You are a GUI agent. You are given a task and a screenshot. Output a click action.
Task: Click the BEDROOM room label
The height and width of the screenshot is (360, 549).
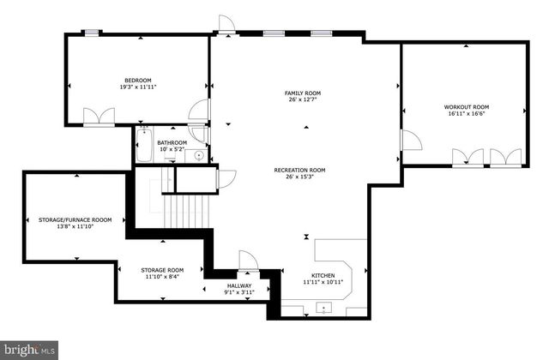tap(138, 80)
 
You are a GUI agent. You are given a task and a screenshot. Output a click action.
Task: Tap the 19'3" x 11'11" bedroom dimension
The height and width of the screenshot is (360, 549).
tap(138, 87)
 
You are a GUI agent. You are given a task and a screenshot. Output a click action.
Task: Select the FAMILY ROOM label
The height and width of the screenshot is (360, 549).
tap(303, 93)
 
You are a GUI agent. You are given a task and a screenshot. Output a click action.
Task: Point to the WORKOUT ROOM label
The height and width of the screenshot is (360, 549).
tap(467, 107)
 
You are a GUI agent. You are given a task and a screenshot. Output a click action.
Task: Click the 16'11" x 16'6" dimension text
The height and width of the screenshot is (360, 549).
tap(467, 115)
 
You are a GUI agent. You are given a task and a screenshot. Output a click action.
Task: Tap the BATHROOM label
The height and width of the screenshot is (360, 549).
tap(172, 143)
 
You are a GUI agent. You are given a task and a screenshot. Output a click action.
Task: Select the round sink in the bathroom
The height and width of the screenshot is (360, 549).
tap(199, 155)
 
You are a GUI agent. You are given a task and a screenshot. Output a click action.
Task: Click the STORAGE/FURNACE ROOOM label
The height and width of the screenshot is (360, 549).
tap(75, 219)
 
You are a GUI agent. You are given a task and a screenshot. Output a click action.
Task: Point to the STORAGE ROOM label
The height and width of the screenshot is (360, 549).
tap(162, 270)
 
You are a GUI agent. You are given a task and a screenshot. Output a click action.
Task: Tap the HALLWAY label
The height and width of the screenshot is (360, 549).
tap(239, 285)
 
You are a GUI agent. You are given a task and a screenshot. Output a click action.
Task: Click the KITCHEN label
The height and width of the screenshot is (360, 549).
tap(323, 274)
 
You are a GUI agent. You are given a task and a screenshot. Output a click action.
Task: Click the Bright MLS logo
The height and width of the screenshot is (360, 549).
tap(29, 349)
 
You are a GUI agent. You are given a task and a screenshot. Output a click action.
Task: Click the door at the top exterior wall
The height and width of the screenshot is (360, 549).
tap(226, 24)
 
